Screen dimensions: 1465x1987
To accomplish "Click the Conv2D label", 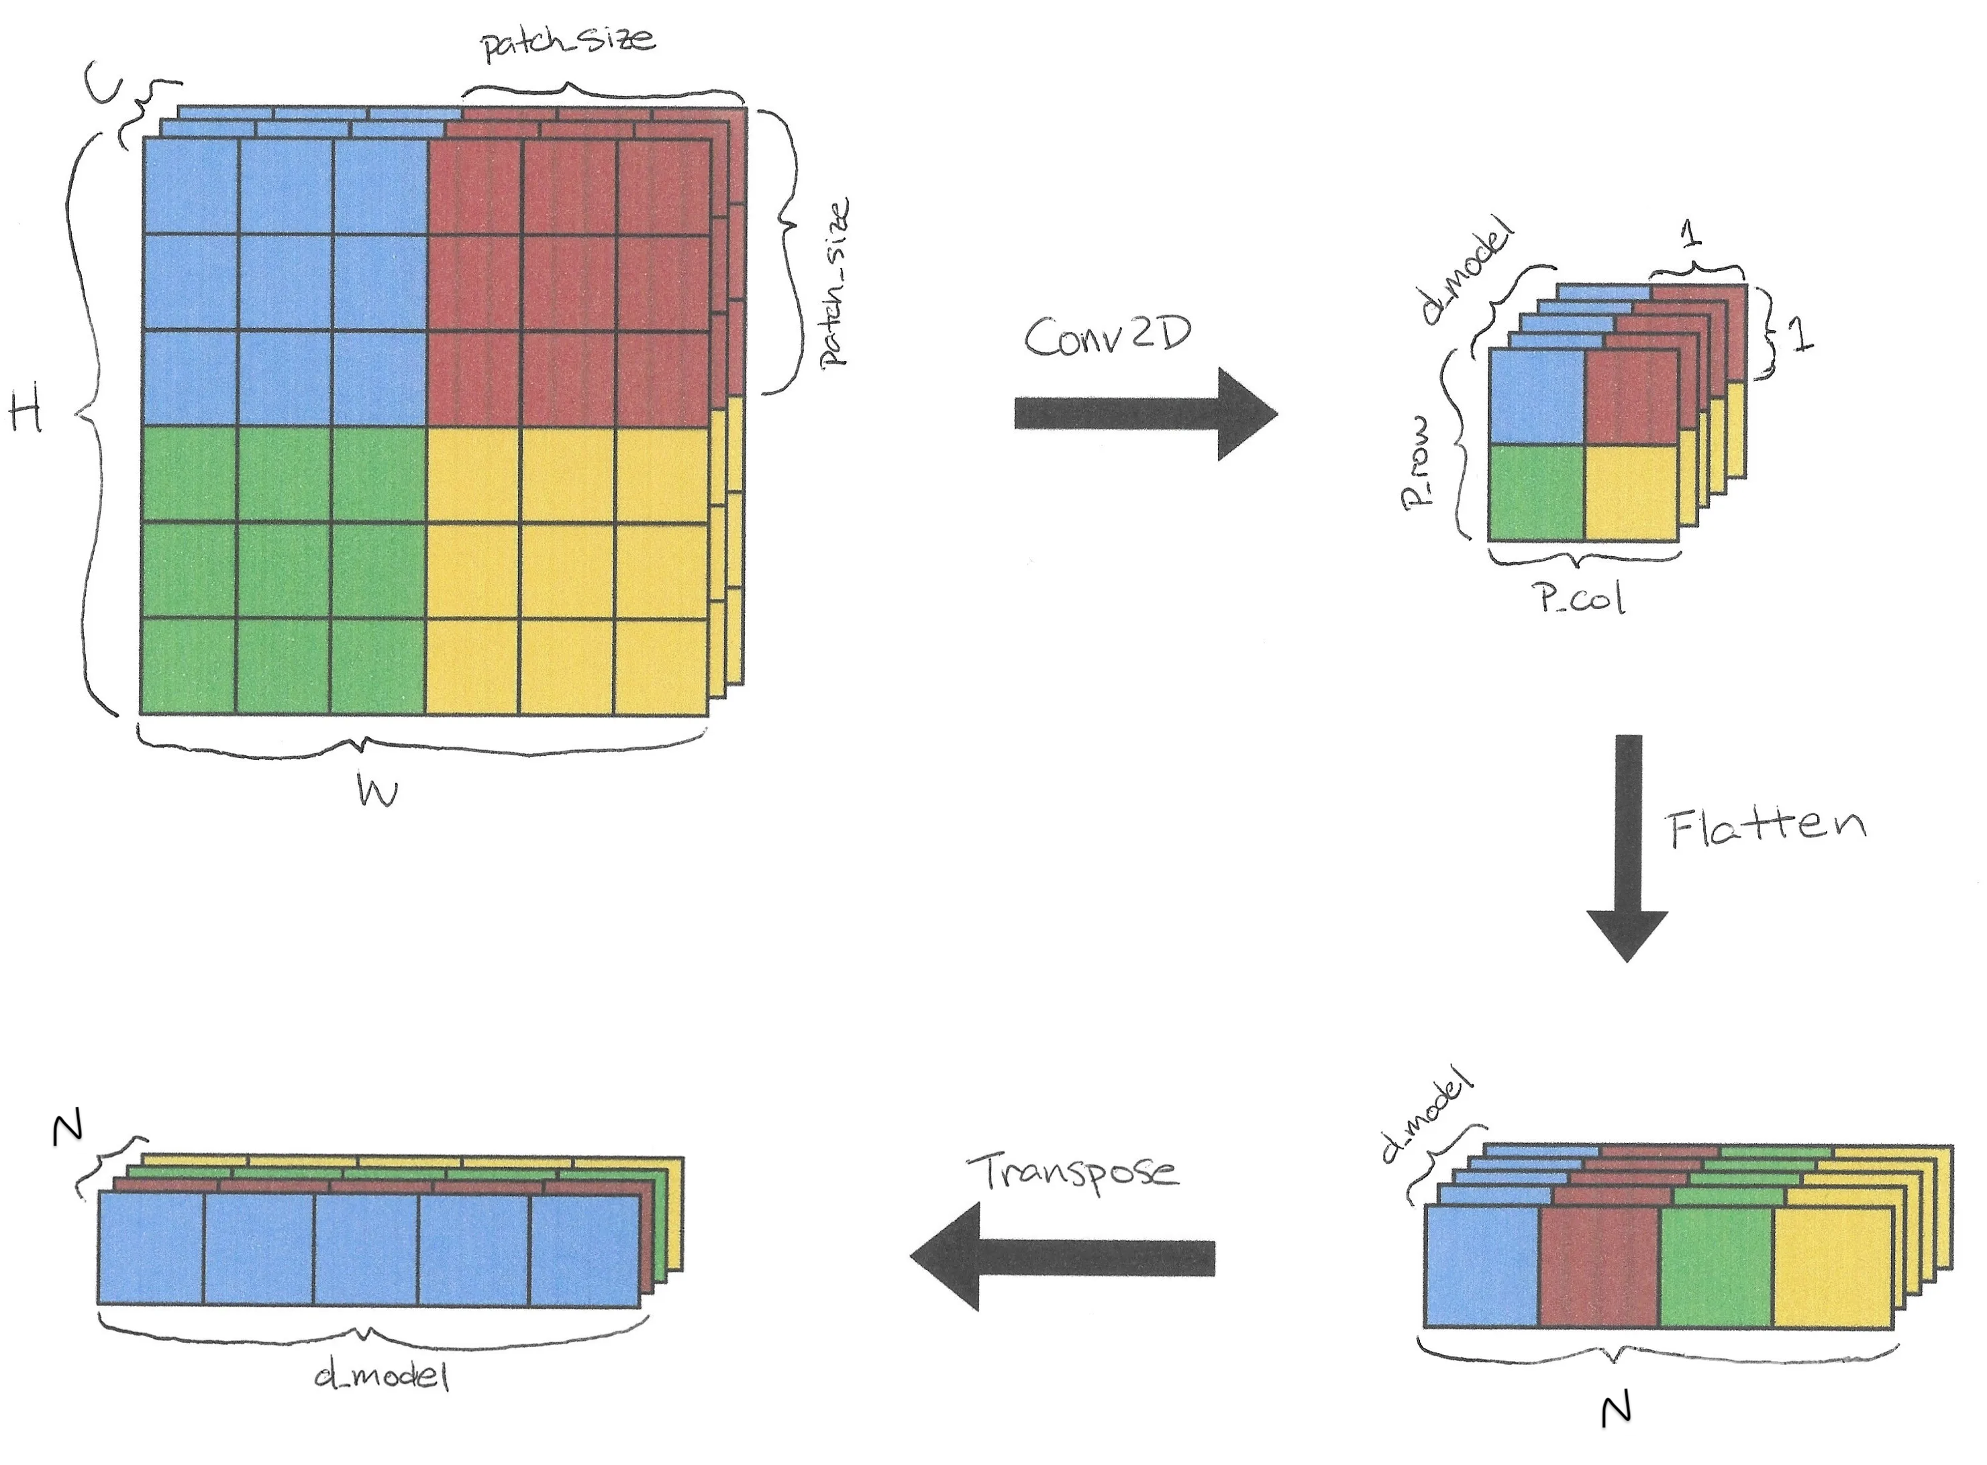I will pos(1107,336).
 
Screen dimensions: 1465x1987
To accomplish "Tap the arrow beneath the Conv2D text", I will pos(1144,414).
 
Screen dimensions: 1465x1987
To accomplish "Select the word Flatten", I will pos(1766,828).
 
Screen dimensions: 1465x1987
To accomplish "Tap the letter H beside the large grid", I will pos(25,413).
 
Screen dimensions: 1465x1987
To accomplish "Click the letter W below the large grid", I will pos(377,791).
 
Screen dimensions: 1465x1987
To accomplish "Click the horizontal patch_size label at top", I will pos(568,42).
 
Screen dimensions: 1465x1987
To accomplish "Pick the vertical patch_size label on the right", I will pos(834,282).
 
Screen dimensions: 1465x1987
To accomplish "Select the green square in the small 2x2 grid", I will pos(1535,493).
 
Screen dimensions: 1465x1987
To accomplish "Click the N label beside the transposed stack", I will pos(67,1129).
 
